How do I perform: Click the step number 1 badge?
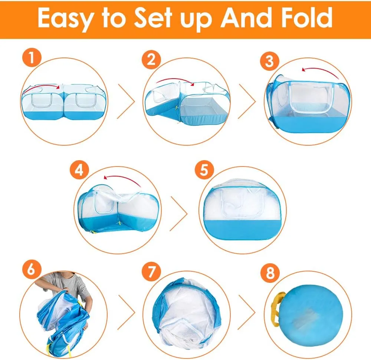click(x=32, y=58)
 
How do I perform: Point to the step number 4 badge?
click(x=79, y=170)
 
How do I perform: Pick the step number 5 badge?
click(x=204, y=170)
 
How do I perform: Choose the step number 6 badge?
click(x=32, y=269)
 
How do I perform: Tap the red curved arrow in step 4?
click(x=123, y=178)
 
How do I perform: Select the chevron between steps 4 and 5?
click(x=179, y=214)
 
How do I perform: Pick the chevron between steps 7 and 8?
click(x=247, y=312)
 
